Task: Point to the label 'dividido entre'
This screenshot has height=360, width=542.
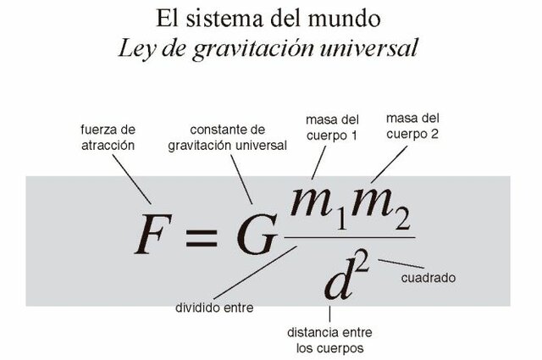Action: (214, 306)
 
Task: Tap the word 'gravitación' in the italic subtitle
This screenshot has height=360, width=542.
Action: (296, 47)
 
